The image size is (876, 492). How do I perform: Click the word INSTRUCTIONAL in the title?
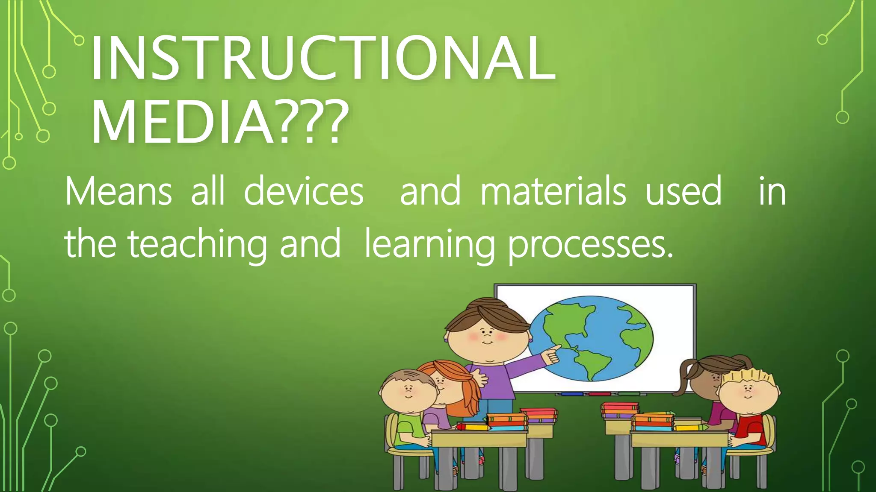(323, 58)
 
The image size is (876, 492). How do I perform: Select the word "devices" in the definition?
(303, 192)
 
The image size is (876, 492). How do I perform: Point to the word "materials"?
(553, 192)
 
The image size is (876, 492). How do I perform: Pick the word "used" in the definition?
(683, 192)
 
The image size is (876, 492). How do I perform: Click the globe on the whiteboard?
(592, 337)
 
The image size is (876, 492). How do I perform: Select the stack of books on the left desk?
(507, 421)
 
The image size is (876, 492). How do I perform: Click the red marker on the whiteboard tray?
(599, 394)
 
